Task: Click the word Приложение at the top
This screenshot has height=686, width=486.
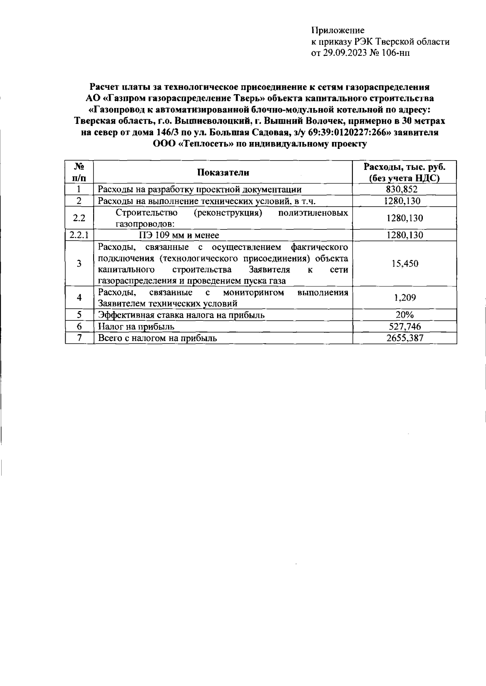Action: [338, 30]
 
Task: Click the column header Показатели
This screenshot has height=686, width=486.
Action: [223, 173]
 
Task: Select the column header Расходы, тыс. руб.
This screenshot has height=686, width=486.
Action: [404, 167]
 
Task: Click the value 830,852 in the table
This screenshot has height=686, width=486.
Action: [404, 189]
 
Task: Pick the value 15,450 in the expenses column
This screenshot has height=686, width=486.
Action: [405, 264]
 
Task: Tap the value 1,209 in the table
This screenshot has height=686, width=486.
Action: [405, 298]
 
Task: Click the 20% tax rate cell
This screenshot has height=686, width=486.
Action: [404, 315]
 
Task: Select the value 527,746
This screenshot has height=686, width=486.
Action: [404, 327]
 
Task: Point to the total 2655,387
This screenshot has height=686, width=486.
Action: [405, 338]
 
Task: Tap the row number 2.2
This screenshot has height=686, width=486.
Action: [79, 218]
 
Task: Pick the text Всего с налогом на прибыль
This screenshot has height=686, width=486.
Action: [158, 338]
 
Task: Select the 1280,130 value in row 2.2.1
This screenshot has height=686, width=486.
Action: [405, 235]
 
